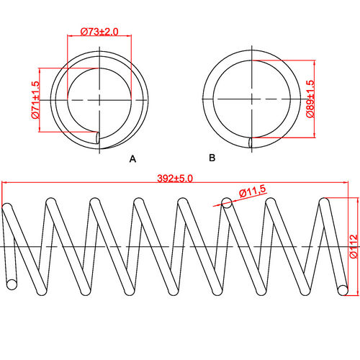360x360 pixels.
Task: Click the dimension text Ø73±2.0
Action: [x=99, y=32]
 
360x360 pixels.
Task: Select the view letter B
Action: [x=211, y=157]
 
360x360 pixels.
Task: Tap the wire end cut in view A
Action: [x=98, y=138]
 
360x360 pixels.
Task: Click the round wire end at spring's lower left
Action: [x=11, y=284]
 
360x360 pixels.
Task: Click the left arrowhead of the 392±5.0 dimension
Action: [x=6, y=184]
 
